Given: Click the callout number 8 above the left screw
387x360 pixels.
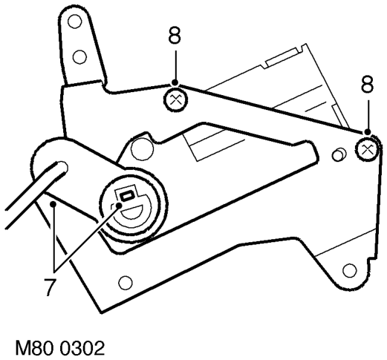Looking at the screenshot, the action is coord(175,36).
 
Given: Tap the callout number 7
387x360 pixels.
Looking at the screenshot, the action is coord(51,287).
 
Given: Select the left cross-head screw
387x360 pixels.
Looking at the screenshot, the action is coord(175,100).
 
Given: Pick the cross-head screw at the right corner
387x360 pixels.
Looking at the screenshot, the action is coord(367,150).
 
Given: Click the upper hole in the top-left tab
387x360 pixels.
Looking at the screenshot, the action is coord(75,22).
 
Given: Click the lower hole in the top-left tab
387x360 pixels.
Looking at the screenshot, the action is coord(79,57).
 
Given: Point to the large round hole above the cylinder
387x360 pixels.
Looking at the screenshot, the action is coord(142,149).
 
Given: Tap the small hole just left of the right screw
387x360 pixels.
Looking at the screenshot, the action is coord(338,155).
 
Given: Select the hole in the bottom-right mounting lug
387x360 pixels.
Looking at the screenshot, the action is coord(350,270).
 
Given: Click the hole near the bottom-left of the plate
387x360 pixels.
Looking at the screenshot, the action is coord(125,283).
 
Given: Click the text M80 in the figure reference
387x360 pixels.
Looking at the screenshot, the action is coord(34,348).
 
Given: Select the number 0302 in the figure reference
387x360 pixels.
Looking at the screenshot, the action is coord(82,348).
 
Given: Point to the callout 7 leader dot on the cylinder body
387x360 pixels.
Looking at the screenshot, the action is coord(53,204).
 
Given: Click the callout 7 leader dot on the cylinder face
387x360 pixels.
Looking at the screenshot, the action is coord(119,205).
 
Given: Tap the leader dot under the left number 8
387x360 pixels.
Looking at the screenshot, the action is coord(175,82).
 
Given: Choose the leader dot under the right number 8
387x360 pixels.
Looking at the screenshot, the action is coord(368,132).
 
